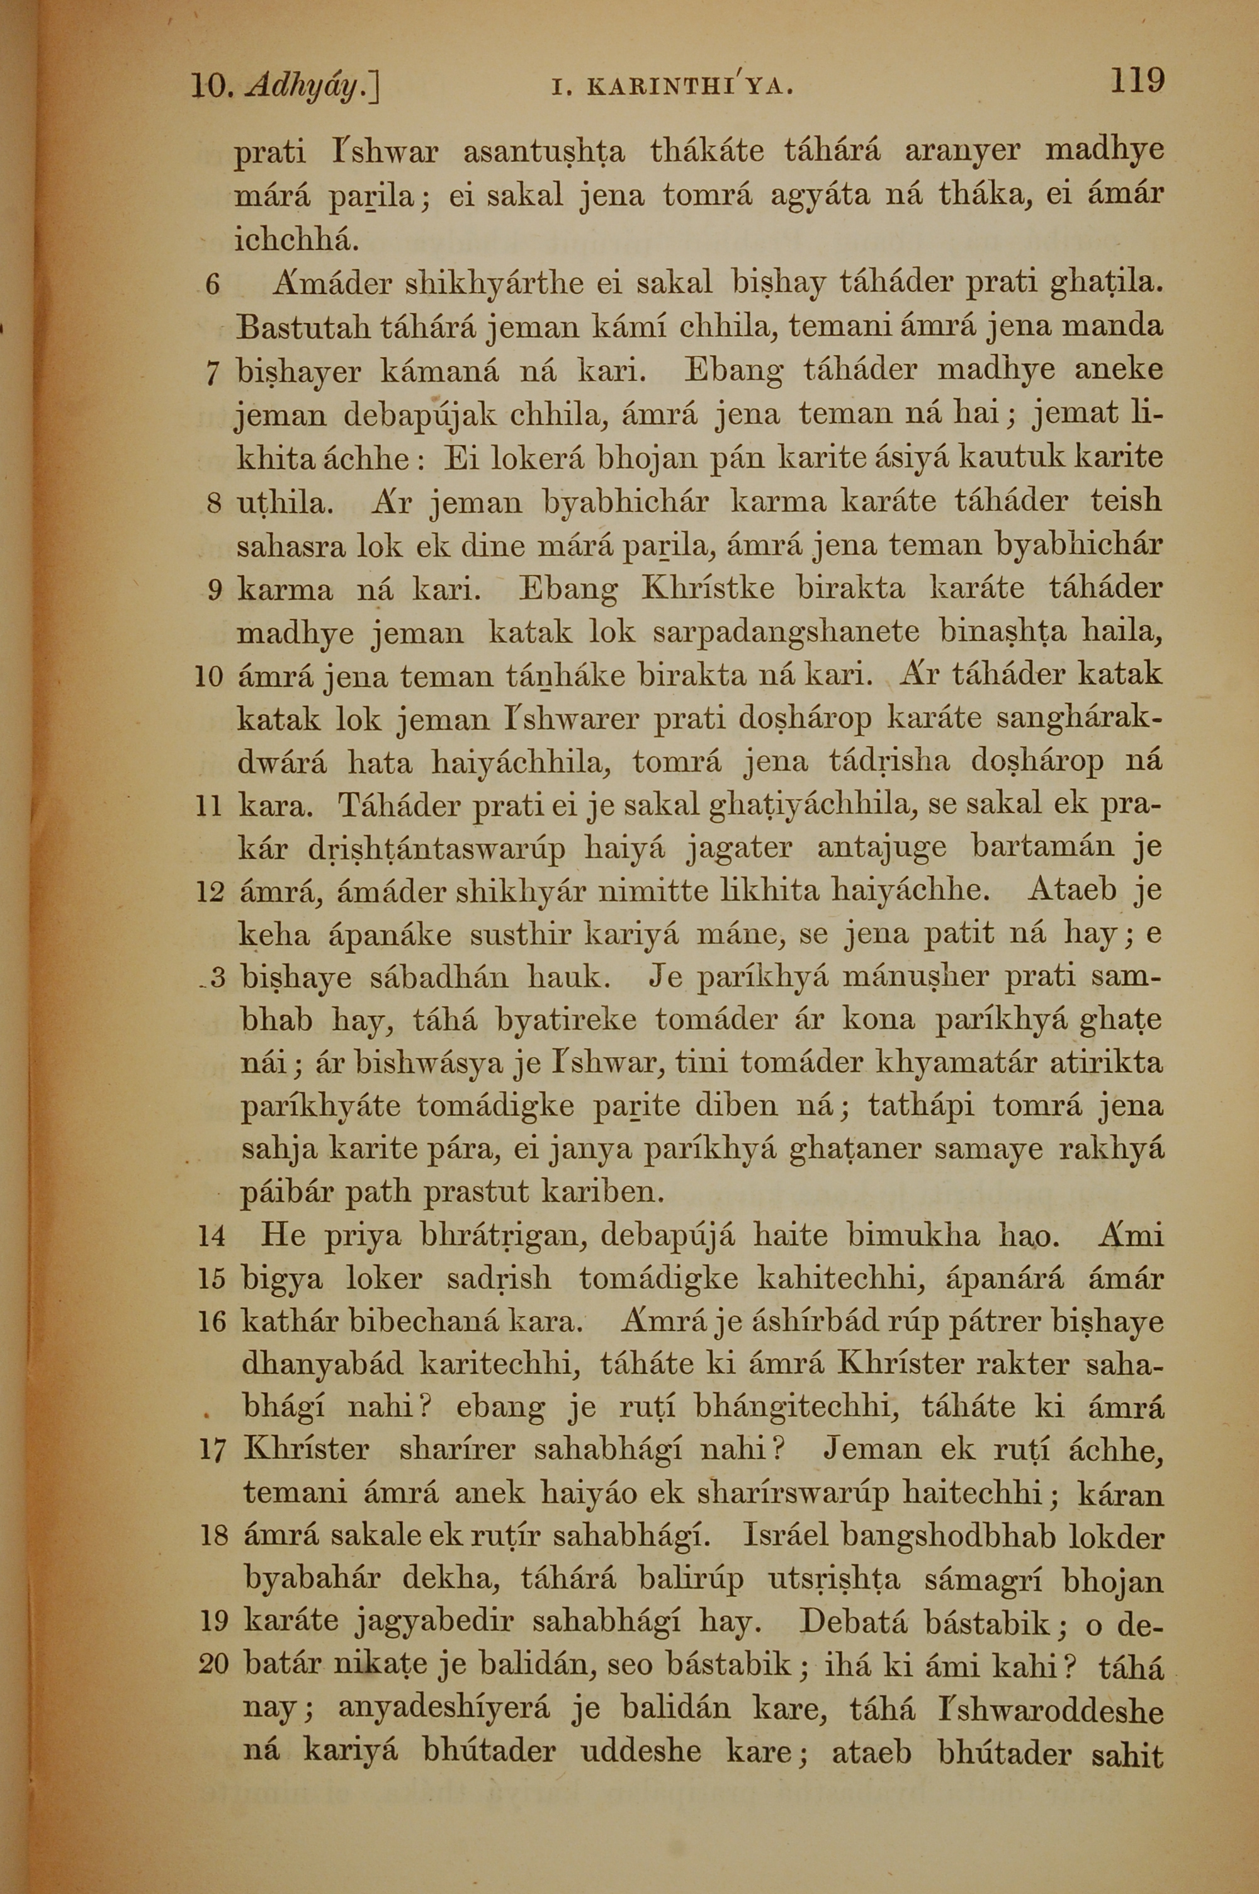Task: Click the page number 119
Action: (1137, 81)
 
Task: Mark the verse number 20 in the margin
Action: (213, 1664)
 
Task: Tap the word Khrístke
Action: (708, 589)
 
